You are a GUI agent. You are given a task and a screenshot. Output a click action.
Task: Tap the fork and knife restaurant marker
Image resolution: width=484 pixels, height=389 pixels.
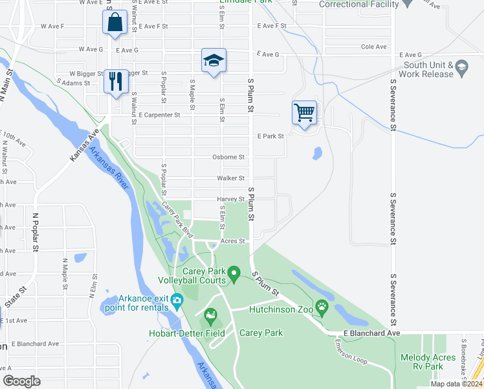[116, 81]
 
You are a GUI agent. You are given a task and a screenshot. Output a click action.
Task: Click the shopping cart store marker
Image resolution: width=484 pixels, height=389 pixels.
[304, 113]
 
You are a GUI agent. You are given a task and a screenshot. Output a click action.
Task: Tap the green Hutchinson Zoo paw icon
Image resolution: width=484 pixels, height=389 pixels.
[322, 306]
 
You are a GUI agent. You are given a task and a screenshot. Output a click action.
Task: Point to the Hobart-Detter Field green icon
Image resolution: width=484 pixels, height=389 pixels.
[210, 316]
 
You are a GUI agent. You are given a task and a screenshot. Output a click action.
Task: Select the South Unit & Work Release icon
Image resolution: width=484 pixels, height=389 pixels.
[461, 67]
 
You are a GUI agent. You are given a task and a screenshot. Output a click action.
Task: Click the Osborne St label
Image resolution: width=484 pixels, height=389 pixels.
[228, 157]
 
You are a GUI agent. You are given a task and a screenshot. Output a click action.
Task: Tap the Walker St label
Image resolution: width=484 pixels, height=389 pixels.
[230, 178]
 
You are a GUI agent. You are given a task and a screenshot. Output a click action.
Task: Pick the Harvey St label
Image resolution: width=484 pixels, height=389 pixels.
[230, 199]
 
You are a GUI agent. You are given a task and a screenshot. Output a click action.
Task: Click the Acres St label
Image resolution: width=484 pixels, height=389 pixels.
[233, 241]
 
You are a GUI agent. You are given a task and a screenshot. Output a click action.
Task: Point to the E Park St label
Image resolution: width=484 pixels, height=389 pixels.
[270, 136]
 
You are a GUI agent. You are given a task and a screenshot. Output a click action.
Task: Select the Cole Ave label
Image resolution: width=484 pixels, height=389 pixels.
[373, 47]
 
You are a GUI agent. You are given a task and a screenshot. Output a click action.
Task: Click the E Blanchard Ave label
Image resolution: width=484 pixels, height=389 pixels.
[372, 333]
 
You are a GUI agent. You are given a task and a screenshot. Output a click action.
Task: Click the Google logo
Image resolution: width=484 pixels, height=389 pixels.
[21, 381]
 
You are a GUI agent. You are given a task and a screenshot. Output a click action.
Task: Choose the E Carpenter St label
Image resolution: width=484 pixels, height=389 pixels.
[159, 115]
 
